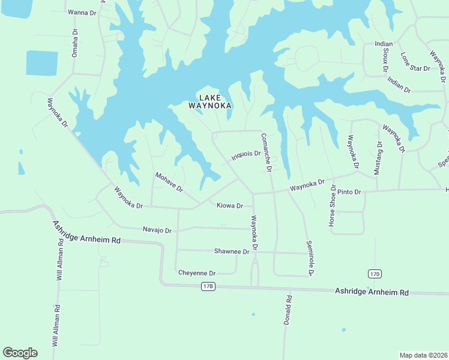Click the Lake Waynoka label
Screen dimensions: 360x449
pyautogui.click(x=210, y=101)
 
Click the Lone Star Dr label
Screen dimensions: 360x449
pyautogui.click(x=415, y=62)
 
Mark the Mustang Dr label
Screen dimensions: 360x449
pyautogui.click(x=378, y=157)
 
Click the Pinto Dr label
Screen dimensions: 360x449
pyautogui.click(x=349, y=192)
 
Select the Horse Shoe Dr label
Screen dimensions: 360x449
pyautogui.click(x=331, y=205)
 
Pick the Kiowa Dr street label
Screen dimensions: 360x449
pyautogui.click(x=229, y=205)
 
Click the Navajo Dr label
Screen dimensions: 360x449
pyautogui.click(x=157, y=230)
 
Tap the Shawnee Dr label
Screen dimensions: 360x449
pyautogui.click(x=232, y=251)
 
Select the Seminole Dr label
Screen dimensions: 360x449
pyautogui.click(x=310, y=258)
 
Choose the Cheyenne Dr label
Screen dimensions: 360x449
pyautogui.click(x=197, y=273)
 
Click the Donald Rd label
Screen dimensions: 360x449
pyautogui.click(x=289, y=310)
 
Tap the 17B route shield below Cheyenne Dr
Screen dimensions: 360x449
pyautogui.click(x=208, y=286)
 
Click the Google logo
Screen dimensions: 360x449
pyautogui.click(x=20, y=353)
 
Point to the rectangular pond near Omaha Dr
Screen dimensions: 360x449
pyautogui.click(x=42, y=63)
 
